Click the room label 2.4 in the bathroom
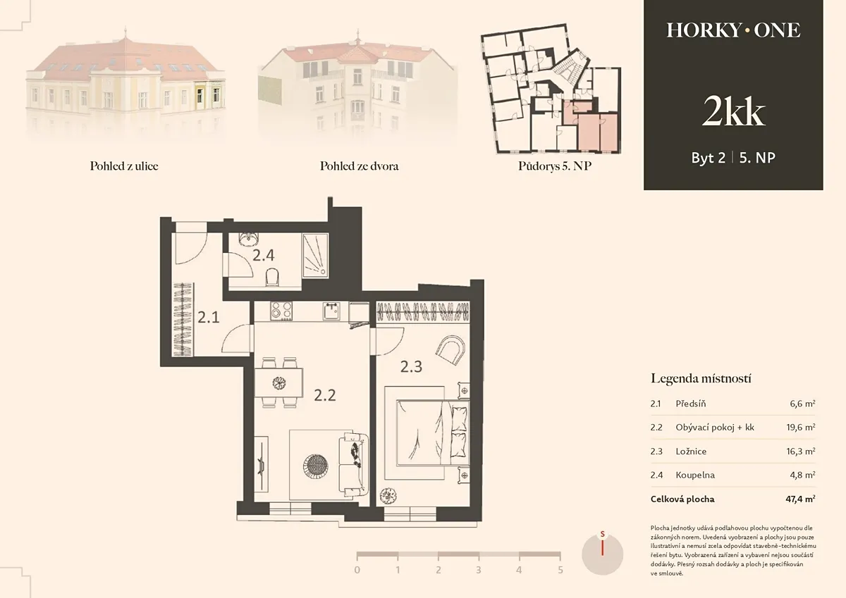[x=263, y=256]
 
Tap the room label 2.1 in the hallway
[x=209, y=317]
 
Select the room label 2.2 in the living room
[x=325, y=395]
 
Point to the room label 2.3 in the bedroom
[x=411, y=366]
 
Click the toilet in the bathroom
[x=272, y=278]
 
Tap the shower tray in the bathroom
[x=315, y=255]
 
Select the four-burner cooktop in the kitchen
[x=281, y=311]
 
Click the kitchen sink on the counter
[x=331, y=311]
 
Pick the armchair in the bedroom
[x=450, y=350]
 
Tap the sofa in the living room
[x=353, y=464]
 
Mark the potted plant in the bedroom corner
[x=388, y=496]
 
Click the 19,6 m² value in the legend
[x=801, y=427]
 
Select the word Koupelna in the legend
[x=695, y=475]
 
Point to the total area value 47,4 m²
[x=800, y=499]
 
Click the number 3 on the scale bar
[x=479, y=570]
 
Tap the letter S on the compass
[x=602, y=534]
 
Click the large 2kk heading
[x=733, y=111]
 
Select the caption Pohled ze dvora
[x=359, y=166]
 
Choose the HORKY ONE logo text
[x=733, y=30]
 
